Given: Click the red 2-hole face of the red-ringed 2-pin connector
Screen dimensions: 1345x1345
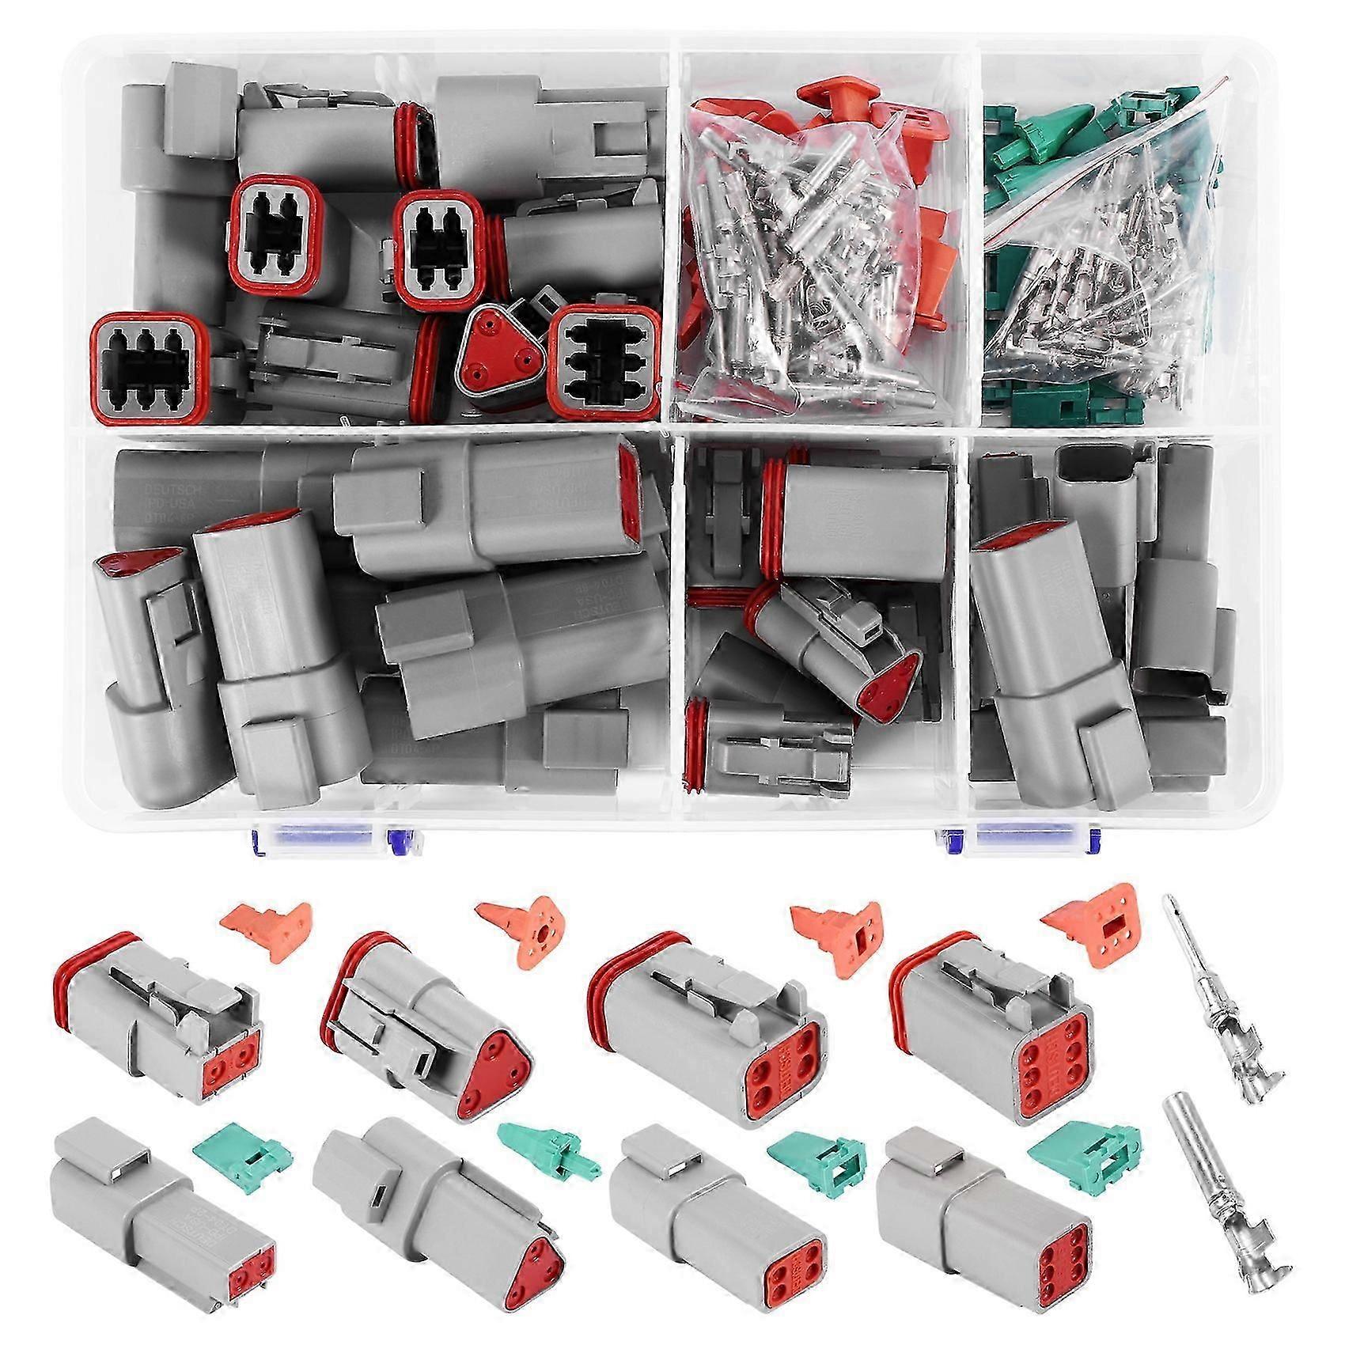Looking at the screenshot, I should tap(232, 1059).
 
